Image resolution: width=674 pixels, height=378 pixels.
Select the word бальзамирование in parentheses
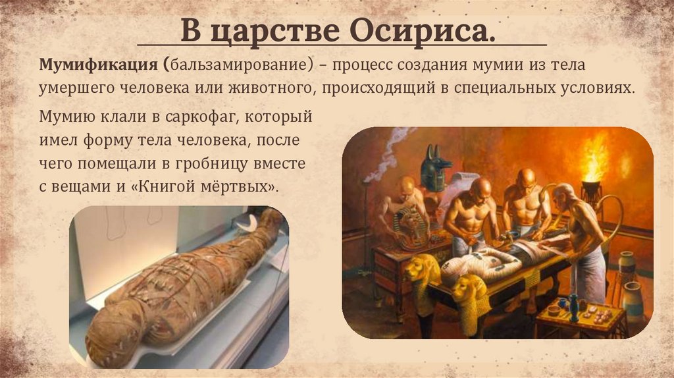[240, 66]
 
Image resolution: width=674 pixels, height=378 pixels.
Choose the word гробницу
[238, 163]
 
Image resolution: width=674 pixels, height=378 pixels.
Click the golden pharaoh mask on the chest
[412, 227]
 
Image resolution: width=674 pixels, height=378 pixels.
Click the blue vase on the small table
[573, 305]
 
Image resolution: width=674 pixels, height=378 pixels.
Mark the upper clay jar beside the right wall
[626, 264]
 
